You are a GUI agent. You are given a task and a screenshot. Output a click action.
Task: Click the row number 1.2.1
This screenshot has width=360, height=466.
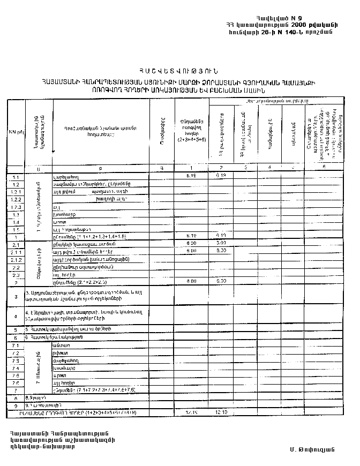coord(16,191)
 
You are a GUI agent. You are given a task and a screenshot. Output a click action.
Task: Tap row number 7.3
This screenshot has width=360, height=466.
coord(16,361)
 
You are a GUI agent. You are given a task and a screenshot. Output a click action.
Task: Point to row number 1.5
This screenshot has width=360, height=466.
coord(16,229)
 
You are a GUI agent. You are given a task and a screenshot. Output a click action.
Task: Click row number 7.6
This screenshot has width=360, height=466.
coord(16,383)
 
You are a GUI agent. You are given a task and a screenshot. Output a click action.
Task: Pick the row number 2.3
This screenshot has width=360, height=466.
coord(16,274)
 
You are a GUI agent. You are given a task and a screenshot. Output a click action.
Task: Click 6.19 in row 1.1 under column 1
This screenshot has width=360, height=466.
coord(191,176)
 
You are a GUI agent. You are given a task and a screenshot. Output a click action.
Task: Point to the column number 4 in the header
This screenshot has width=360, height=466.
coord(269,167)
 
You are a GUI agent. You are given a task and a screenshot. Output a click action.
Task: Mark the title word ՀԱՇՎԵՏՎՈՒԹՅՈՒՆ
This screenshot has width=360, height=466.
coord(179,71)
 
